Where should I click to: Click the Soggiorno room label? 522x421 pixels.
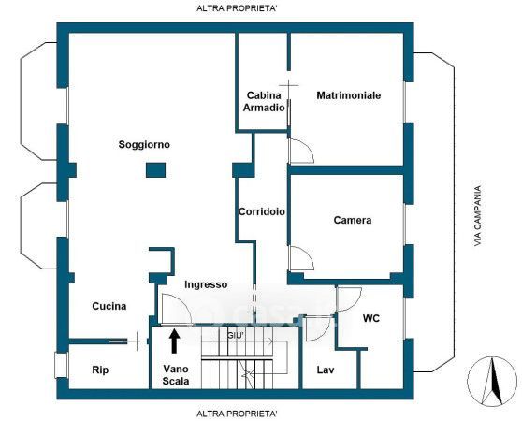(144, 145)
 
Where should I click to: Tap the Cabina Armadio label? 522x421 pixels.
(264, 101)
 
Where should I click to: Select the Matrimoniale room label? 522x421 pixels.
(349, 95)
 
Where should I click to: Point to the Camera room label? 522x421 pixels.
(353, 220)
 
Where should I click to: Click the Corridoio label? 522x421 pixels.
(262, 211)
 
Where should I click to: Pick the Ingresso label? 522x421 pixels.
(206, 285)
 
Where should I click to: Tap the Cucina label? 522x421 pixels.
(109, 306)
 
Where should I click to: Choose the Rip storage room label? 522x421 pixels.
(100, 370)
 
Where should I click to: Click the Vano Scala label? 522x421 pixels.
(176, 375)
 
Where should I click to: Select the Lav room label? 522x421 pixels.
(326, 370)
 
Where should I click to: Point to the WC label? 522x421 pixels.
(371, 318)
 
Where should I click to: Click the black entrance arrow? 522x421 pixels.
(174, 341)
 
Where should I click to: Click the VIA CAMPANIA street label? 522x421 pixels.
(478, 216)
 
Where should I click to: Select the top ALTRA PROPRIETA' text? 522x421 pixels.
(237, 8)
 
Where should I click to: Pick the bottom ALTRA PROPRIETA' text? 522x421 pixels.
(237, 414)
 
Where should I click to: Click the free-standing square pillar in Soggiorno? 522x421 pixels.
(156, 170)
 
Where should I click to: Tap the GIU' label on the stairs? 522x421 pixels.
(236, 336)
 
